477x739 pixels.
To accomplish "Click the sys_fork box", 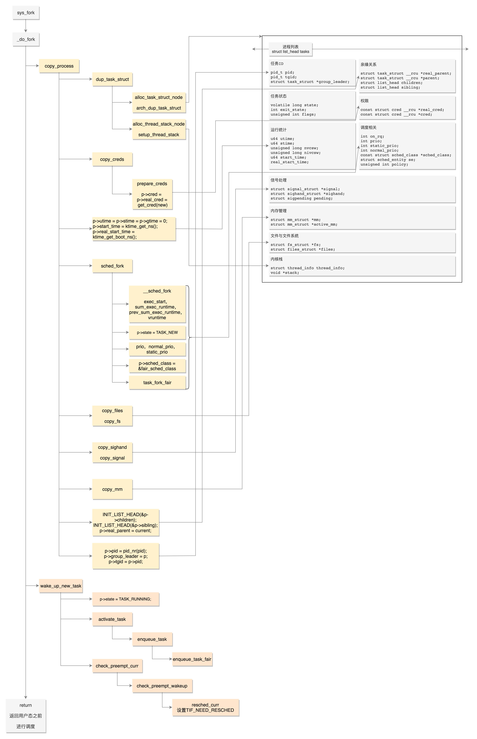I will pyautogui.click(x=26, y=13).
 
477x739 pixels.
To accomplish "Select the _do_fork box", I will pyautogui.click(x=26, y=39).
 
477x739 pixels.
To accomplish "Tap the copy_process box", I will pyautogui.click(x=59, y=66).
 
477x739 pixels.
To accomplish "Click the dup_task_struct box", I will pyautogui.click(x=112, y=79).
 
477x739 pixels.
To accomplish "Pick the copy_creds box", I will pyautogui.click(x=112, y=159).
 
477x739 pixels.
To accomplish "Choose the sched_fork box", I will pyautogui.click(x=112, y=266).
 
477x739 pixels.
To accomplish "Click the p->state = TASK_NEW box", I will pyautogui.click(x=157, y=333).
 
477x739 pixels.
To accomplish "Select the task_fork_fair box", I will pyautogui.click(x=157, y=382).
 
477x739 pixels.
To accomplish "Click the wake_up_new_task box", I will pyautogui.click(x=61, y=586).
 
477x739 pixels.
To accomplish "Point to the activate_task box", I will pyautogui.click(x=112, y=619).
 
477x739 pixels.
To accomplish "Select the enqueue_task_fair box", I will pyautogui.click(x=192, y=659).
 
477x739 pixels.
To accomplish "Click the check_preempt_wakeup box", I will pyautogui.click(x=162, y=686).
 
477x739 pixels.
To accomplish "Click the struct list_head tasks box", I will pyautogui.click(x=291, y=49).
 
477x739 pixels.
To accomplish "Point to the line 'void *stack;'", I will pyautogui.click(x=285, y=273).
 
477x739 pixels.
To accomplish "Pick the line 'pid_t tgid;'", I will pyautogui.click(x=283, y=77).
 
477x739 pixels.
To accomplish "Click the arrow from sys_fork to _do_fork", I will pyautogui.click(x=26, y=26).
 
